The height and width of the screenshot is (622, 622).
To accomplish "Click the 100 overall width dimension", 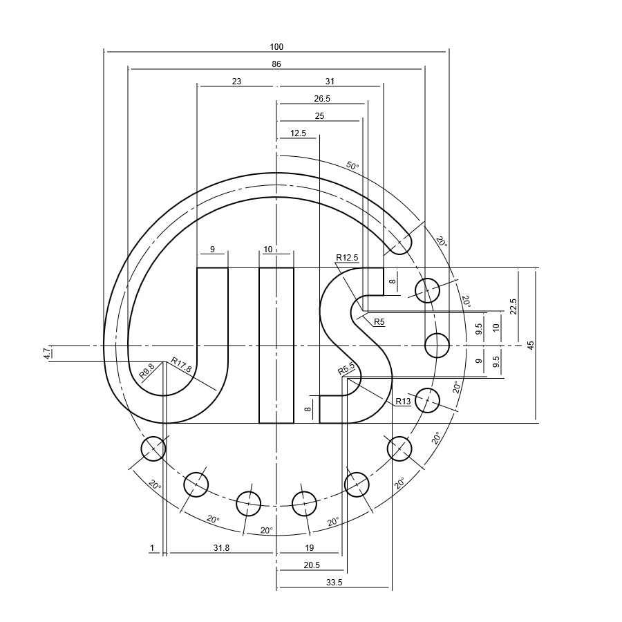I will [x=276, y=47].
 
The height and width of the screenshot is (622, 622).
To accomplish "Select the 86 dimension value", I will [x=276, y=64].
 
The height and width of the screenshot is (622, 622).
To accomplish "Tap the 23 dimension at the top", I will [x=236, y=82].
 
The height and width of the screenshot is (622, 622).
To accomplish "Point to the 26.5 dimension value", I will [x=322, y=99].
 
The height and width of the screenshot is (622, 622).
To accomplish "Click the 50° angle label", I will [x=352, y=167].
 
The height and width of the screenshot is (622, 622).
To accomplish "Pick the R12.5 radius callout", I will [x=347, y=258].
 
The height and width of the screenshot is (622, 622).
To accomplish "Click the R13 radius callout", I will [x=403, y=402].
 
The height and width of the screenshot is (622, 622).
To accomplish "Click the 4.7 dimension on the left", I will [x=46, y=353].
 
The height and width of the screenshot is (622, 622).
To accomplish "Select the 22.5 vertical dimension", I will [x=513, y=306].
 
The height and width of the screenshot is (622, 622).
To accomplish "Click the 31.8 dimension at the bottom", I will [x=221, y=548].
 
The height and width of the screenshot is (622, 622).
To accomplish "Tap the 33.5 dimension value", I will [x=334, y=583].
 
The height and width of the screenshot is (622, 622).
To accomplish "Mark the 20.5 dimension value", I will [x=312, y=565].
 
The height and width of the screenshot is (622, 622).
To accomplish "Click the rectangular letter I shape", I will [x=276, y=345].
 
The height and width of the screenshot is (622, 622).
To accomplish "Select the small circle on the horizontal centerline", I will [x=437, y=345].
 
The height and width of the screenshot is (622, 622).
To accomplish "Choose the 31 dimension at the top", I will [x=330, y=82].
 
